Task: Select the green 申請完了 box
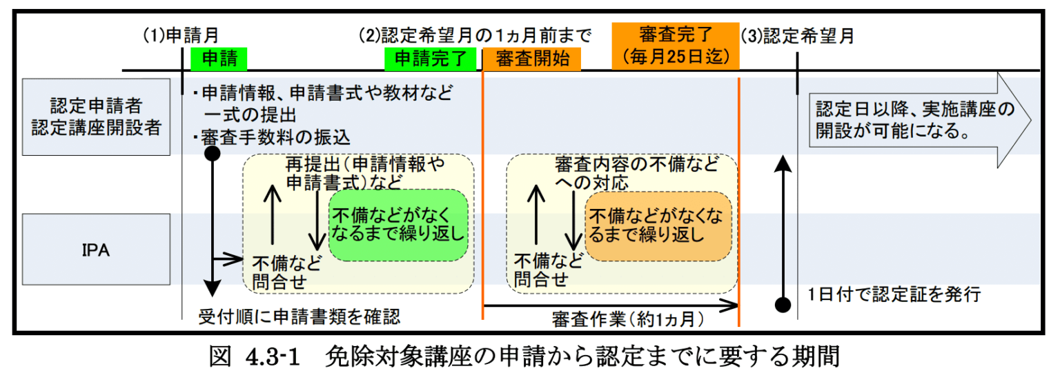pyautogui.click(x=431, y=59)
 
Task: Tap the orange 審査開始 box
pyautogui.click(x=531, y=59)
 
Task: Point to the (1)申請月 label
pyautogui.click(x=180, y=36)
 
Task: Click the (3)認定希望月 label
pyautogui.click(x=797, y=36)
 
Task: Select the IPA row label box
pyautogui.click(x=96, y=250)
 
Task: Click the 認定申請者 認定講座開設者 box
pyautogui.click(x=96, y=117)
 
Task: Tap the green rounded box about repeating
pyautogui.click(x=399, y=225)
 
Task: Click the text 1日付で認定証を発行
pyautogui.click(x=894, y=296)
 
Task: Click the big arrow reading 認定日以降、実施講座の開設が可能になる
pyautogui.click(x=918, y=120)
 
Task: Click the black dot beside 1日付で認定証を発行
pyautogui.click(x=782, y=303)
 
